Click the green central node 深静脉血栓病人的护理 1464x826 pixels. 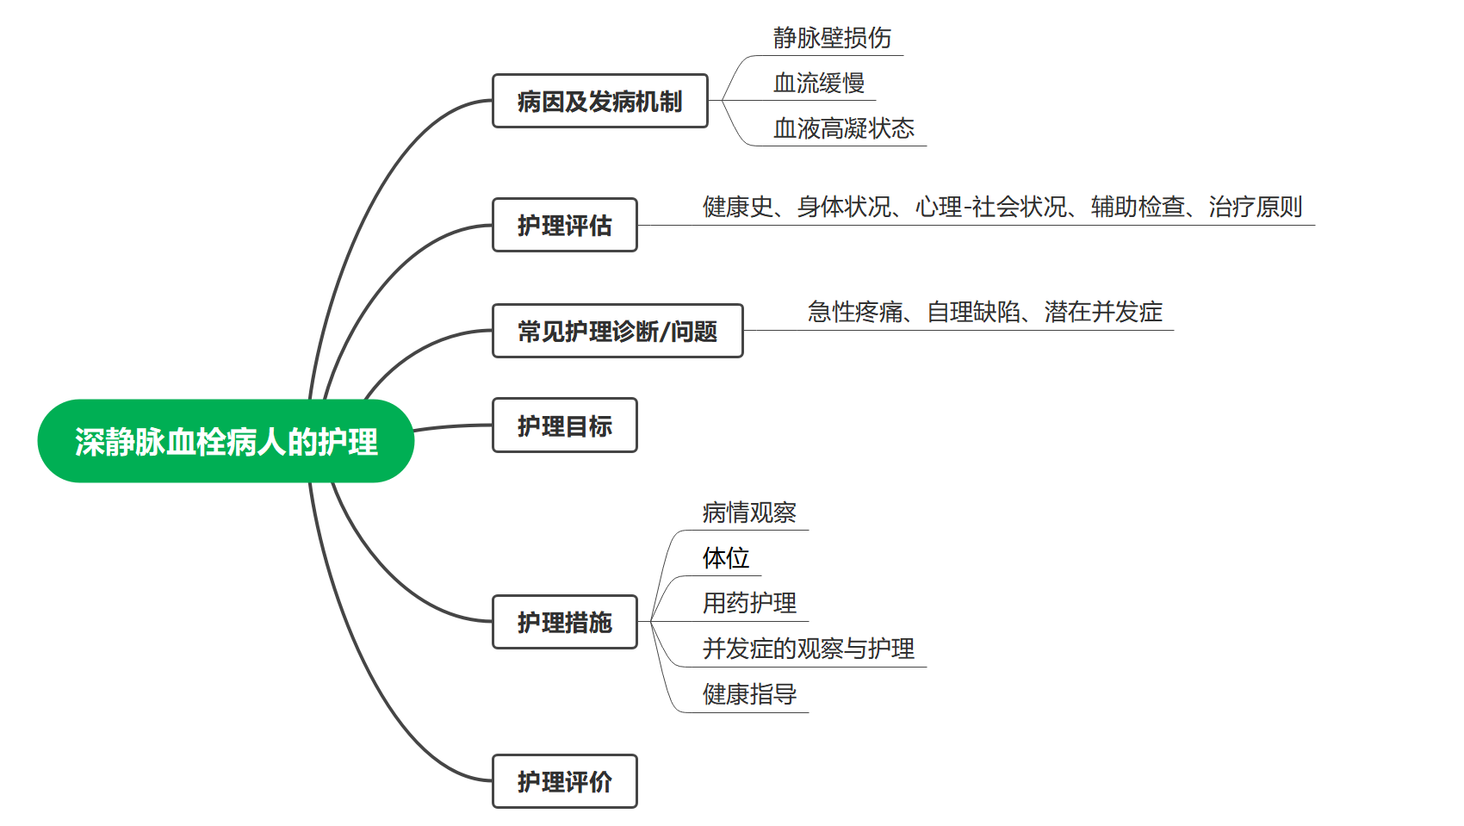pyautogui.click(x=226, y=441)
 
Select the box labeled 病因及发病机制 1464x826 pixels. pyautogui.click(x=599, y=102)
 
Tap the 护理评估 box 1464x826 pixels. pyautogui.click(x=564, y=226)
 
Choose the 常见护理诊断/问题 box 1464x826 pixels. pyautogui.click(x=617, y=331)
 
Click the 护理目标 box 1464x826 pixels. pyautogui.click(x=564, y=425)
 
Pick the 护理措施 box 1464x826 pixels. pyautogui.click(x=564, y=622)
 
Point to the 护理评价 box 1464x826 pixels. pyautogui.click(x=564, y=781)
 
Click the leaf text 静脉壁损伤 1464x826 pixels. pyautogui.click(x=831, y=38)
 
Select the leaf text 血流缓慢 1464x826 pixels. pyautogui.click(x=818, y=84)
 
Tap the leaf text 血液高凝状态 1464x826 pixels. pyautogui.click(x=843, y=129)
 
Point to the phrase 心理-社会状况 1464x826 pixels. pyautogui.click(x=990, y=207)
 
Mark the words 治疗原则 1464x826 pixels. pyautogui.click(x=1255, y=207)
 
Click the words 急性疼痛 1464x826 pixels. pyautogui.click(x=855, y=312)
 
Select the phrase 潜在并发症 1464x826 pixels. pyautogui.click(x=1103, y=312)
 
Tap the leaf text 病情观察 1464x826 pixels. pyautogui.click(x=749, y=513)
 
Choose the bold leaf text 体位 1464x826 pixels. pyautogui.click(x=725, y=558)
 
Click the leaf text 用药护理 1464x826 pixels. pyautogui.click(x=749, y=603)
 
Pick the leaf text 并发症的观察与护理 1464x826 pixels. pyautogui.click(x=808, y=649)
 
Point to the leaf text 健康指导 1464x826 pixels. pyautogui.click(x=749, y=694)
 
